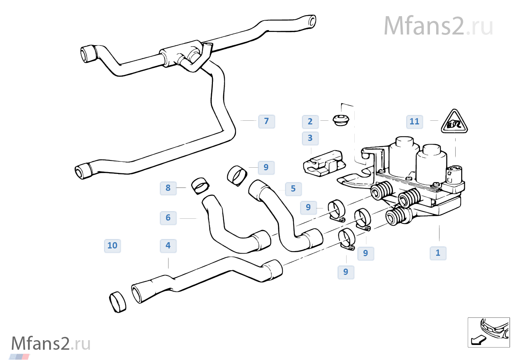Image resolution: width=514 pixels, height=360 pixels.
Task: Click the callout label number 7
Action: pyautogui.click(x=267, y=121)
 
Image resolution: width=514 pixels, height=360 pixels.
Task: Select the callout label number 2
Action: pyautogui.click(x=310, y=122)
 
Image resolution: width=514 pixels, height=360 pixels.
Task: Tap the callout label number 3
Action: pyautogui.click(x=310, y=138)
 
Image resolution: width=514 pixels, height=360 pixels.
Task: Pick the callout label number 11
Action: pyautogui.click(x=415, y=122)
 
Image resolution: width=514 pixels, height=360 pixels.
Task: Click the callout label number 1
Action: pyautogui.click(x=438, y=253)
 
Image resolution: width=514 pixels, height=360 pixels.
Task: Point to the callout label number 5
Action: pyautogui.click(x=293, y=189)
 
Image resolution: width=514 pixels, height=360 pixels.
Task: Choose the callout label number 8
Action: pyautogui.click(x=168, y=188)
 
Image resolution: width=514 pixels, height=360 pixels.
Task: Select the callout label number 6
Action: pyautogui.click(x=168, y=218)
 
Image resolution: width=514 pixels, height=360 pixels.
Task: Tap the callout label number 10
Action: pyautogui.click(x=112, y=246)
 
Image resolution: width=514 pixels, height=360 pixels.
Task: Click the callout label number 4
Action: pyautogui.click(x=168, y=246)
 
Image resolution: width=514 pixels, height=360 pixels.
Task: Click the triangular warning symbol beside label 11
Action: pyautogui.click(x=455, y=123)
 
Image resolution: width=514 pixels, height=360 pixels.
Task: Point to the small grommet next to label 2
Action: pyautogui.click(x=341, y=119)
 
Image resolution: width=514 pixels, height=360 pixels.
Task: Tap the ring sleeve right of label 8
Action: pyautogui.click(x=200, y=185)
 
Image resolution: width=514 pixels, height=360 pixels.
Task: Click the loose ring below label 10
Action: pyautogui.click(x=118, y=302)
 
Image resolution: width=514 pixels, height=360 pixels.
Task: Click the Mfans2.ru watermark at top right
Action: pyautogui.click(x=438, y=26)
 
